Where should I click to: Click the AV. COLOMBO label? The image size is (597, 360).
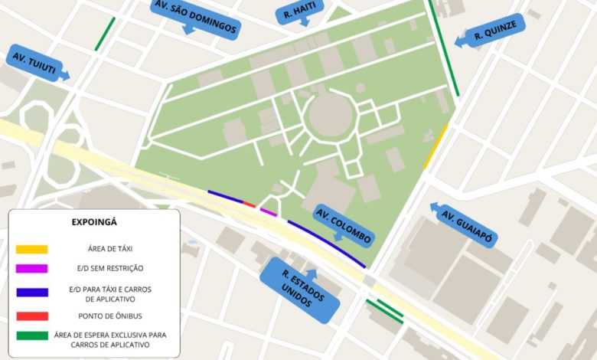(344, 224)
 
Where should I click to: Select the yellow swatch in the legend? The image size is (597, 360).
(31, 249)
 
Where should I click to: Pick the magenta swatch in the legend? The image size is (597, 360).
(31, 268)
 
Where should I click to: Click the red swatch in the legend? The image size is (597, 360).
(31, 316)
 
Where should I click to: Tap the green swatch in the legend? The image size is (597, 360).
(31, 335)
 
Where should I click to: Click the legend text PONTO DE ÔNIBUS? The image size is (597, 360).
(109, 316)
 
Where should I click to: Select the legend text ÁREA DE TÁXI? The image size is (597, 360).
(109, 249)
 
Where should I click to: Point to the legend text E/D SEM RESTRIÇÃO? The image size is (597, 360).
(109, 268)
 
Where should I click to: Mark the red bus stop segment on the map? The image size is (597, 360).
(249, 204)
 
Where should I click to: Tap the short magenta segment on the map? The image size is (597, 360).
(268, 211)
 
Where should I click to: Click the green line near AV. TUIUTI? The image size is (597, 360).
(105, 34)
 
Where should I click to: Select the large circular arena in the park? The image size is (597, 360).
(330, 119)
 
